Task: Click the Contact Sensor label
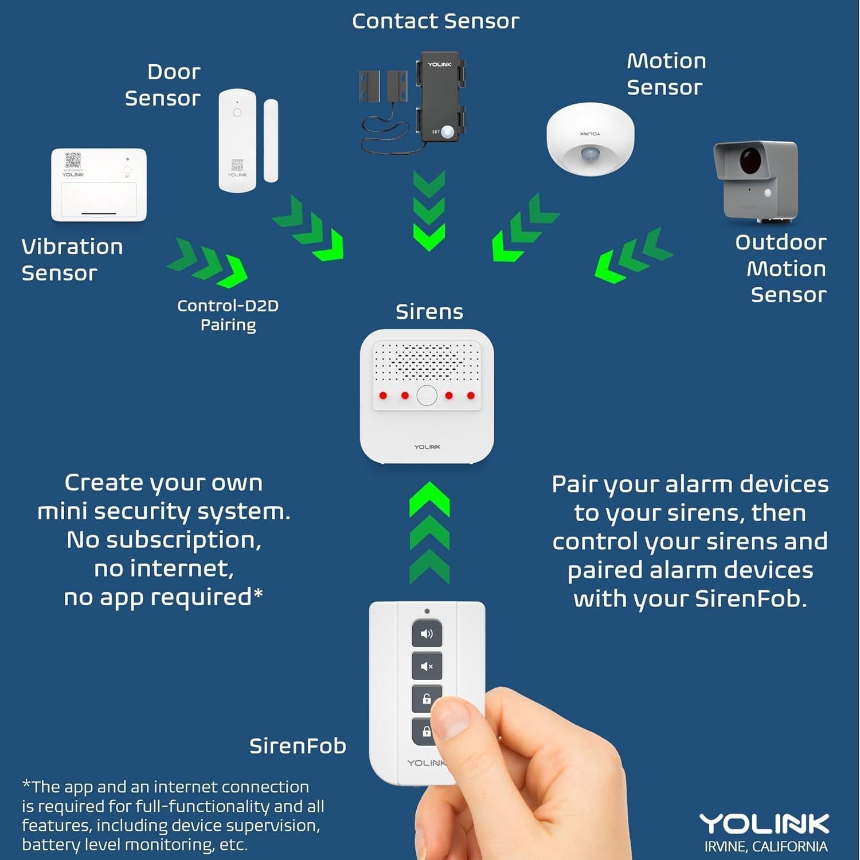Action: coord(435,21)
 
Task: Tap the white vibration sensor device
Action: coord(99,185)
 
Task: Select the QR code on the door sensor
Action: coord(237,165)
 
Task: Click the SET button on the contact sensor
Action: coord(447,132)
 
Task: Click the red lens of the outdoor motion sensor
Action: coord(749,160)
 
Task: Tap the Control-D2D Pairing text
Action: coord(228,315)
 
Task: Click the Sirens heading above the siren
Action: coord(429,312)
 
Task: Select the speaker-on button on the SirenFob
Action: coord(427,634)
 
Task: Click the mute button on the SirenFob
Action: coord(427,666)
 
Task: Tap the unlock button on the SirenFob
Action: coord(426,698)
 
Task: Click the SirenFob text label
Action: coord(298,746)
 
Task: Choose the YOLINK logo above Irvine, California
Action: coord(764,824)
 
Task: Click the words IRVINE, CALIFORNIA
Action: coord(766,847)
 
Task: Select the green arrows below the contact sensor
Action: coord(429,210)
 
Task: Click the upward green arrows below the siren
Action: coord(429,533)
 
